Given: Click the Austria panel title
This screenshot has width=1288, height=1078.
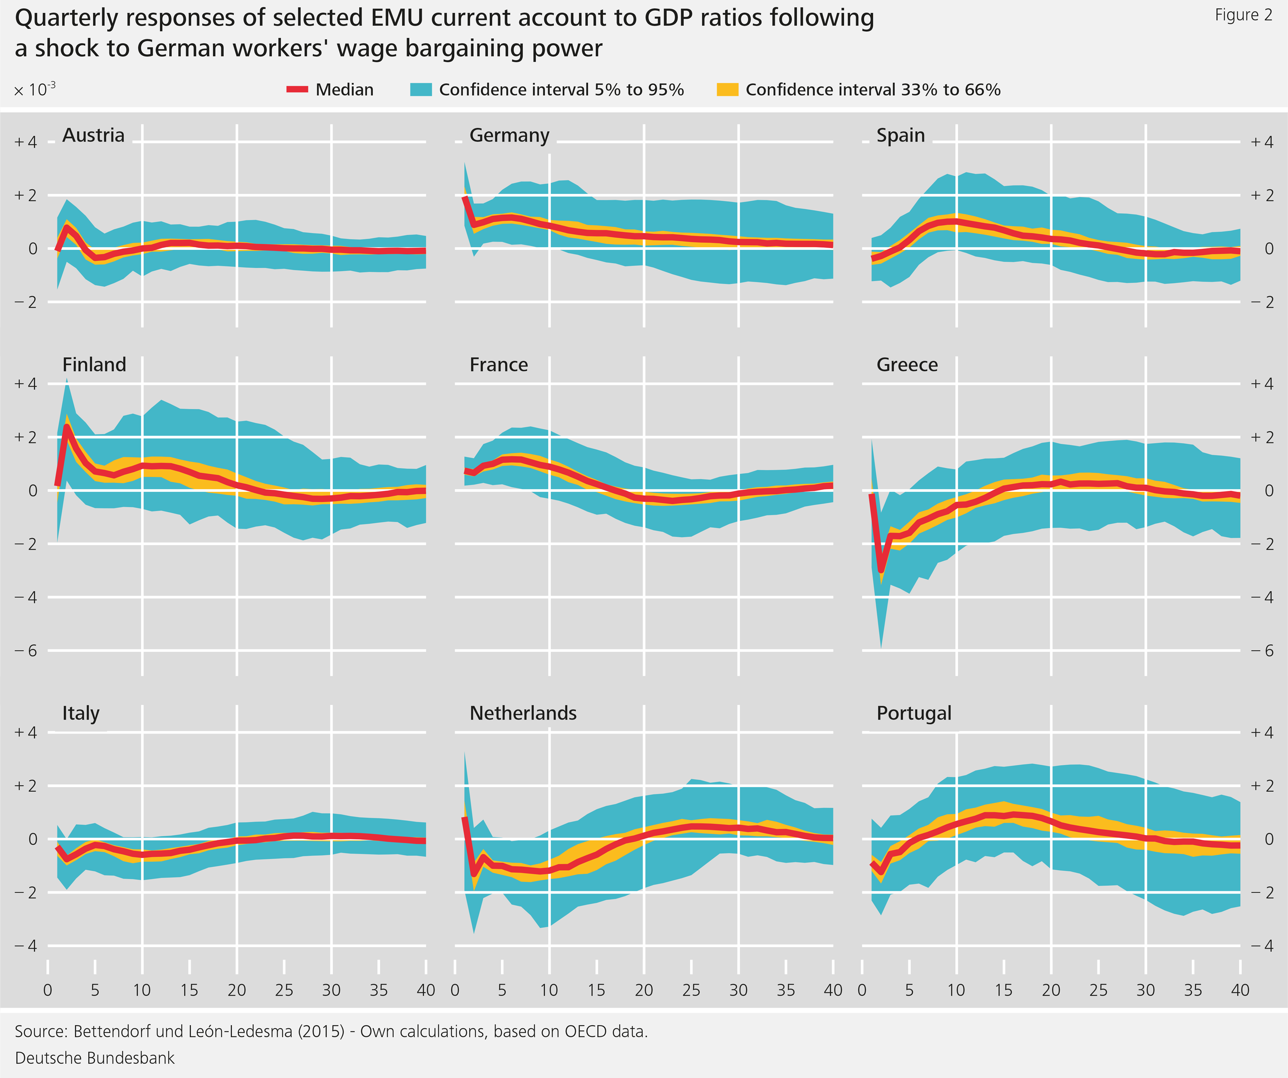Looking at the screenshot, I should (x=93, y=135).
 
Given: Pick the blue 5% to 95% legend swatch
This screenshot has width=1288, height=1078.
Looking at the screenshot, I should (x=421, y=90).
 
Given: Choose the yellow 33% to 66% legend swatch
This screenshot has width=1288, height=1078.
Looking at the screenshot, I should (x=727, y=90).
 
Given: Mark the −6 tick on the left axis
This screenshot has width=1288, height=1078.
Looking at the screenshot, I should (x=26, y=651).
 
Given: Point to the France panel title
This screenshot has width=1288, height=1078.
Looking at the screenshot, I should (x=498, y=364).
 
